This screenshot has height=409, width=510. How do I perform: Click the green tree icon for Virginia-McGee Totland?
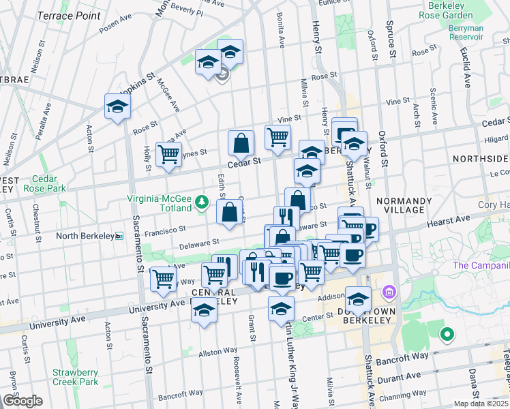click(201, 202)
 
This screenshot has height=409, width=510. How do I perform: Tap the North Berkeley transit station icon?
click(119, 237)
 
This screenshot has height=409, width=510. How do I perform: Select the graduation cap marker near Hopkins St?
click(117, 107)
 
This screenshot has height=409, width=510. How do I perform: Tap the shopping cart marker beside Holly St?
click(168, 153)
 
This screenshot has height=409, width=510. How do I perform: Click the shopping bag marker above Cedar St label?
click(241, 143)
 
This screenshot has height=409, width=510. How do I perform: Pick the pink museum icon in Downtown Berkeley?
click(390, 293)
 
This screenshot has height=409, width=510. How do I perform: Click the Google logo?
click(22, 401)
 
